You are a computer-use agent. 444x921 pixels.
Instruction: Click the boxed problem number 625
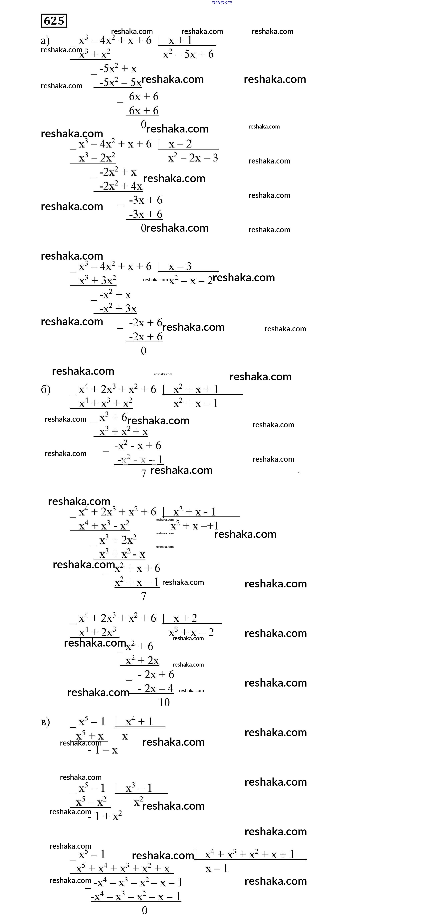tap(54, 21)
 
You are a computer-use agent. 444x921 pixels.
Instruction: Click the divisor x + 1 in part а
tap(180, 40)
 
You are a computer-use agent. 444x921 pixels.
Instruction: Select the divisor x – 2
tap(180, 144)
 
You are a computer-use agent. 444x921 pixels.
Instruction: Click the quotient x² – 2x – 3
tap(193, 158)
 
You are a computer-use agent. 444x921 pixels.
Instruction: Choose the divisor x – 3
tap(180, 266)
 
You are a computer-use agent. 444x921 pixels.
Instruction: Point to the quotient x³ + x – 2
tap(191, 632)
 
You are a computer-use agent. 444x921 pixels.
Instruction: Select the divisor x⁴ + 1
tap(139, 722)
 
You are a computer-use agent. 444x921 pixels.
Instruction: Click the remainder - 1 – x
tap(103, 750)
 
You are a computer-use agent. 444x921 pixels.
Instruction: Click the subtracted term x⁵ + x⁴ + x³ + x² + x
tap(123, 868)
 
